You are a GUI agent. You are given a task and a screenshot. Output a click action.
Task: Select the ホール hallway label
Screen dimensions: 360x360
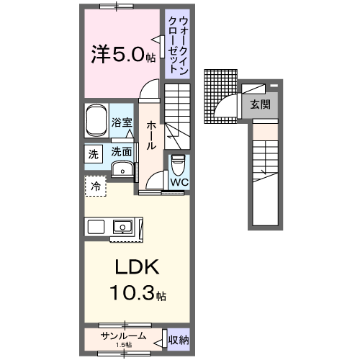tap(151, 135)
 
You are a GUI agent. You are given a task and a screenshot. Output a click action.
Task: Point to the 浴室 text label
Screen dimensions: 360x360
tap(122, 123)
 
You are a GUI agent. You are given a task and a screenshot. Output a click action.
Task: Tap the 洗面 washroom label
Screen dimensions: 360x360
tap(122, 152)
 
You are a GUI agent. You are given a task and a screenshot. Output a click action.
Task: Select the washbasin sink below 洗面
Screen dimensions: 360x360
tap(123, 170)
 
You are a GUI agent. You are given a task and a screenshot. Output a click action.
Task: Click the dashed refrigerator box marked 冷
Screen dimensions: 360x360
tap(95, 186)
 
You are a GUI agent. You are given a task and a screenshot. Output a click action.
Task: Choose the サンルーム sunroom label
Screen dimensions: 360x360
tap(123, 336)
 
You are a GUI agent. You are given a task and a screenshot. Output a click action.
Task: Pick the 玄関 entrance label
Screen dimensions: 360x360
tap(261, 104)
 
